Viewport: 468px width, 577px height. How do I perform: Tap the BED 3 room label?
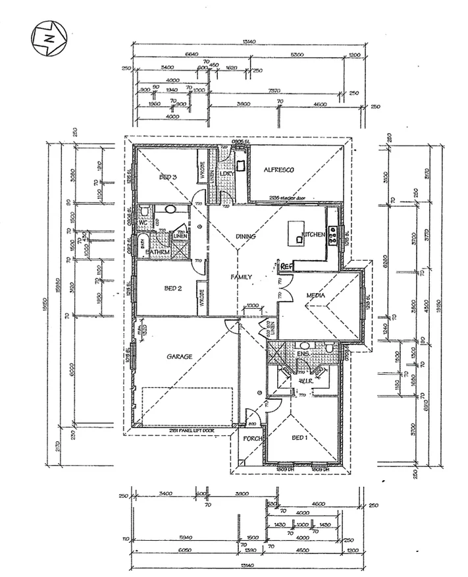[x=169, y=177]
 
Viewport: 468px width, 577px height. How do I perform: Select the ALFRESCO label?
[x=278, y=170]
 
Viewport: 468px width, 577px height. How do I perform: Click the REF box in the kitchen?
[x=286, y=267]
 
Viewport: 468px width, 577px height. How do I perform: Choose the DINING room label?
[x=246, y=236]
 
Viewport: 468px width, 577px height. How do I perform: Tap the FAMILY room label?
[x=241, y=277]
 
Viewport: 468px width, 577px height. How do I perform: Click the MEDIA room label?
[x=317, y=296]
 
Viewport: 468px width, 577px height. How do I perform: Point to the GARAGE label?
[x=179, y=357]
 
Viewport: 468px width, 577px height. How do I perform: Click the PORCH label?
[x=253, y=439]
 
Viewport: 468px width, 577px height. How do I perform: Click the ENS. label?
[x=303, y=354]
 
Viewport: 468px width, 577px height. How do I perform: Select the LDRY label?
[x=228, y=174]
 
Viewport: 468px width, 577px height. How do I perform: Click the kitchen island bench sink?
[x=300, y=240]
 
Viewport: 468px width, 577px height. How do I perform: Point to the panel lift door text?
[x=191, y=430]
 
